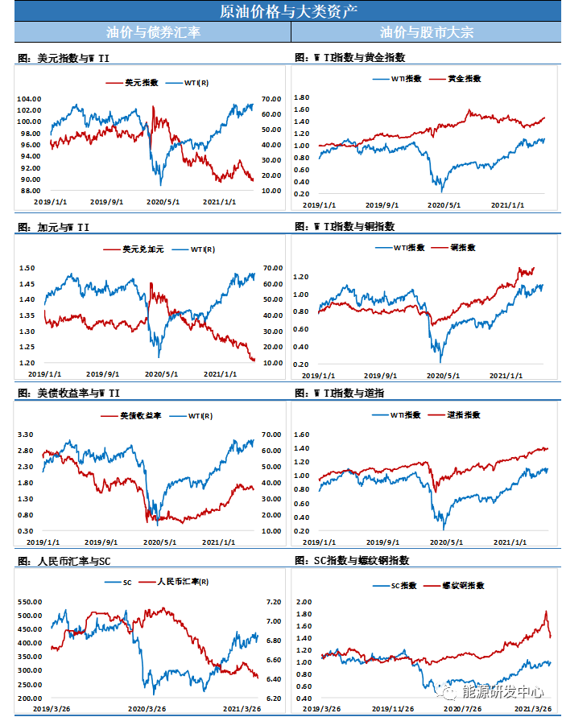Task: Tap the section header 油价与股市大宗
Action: coord(427,32)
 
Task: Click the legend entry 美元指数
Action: coord(141,83)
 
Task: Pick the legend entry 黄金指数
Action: coord(464,79)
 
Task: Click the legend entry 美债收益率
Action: coord(141,417)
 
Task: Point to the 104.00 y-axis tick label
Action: coord(29,98)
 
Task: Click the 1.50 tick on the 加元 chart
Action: coord(27,268)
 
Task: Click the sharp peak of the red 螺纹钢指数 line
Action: coord(545,612)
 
